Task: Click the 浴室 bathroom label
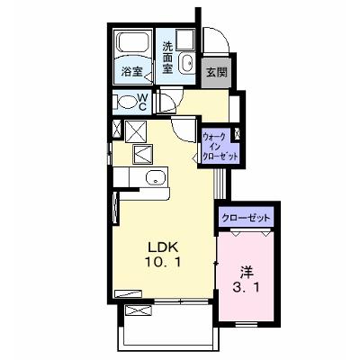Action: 132,72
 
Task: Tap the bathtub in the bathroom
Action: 134,42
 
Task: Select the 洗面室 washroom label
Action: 167,58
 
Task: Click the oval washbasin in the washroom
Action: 187,62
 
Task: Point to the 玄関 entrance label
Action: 217,72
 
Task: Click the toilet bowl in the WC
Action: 127,103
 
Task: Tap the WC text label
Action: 142,102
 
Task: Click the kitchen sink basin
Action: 156,177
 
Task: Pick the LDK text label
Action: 163,247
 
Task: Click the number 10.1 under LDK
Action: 163,263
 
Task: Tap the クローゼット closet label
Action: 246,218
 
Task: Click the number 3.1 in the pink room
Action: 246,288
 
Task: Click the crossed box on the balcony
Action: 139,310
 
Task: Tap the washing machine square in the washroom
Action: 185,39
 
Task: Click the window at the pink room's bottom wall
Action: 247,324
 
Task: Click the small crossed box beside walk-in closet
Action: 238,134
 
